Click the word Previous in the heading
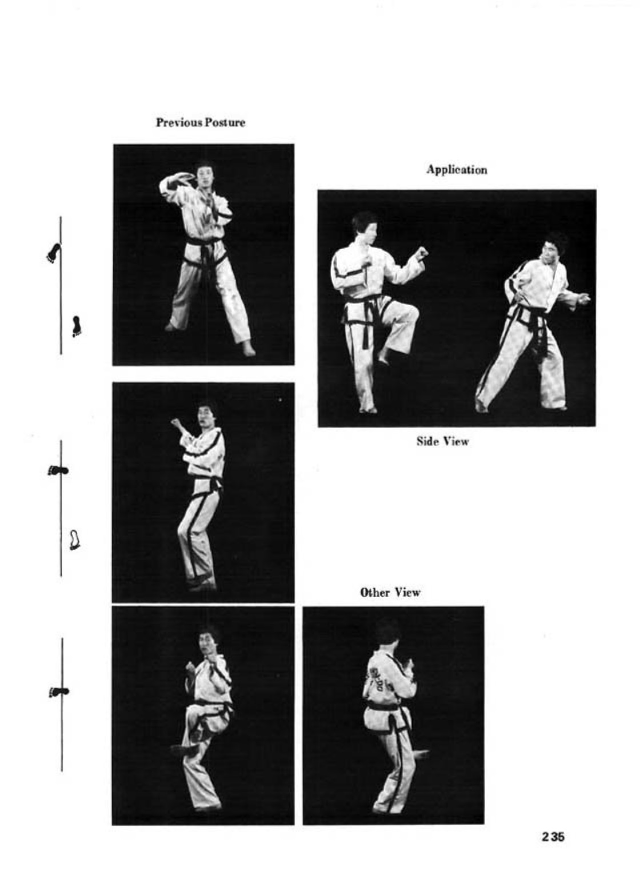178,122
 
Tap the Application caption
457,170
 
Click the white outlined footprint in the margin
74,539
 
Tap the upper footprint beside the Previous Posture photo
54,253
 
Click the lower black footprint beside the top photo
75,326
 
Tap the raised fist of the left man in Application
422,253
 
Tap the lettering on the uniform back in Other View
375,681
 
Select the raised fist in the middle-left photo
177,423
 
